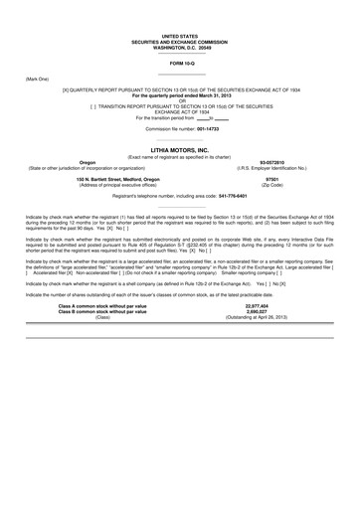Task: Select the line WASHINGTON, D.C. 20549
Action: click(x=180, y=46)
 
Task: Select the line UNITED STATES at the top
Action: click(x=180, y=35)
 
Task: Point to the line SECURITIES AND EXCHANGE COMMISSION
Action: click(x=180, y=40)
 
